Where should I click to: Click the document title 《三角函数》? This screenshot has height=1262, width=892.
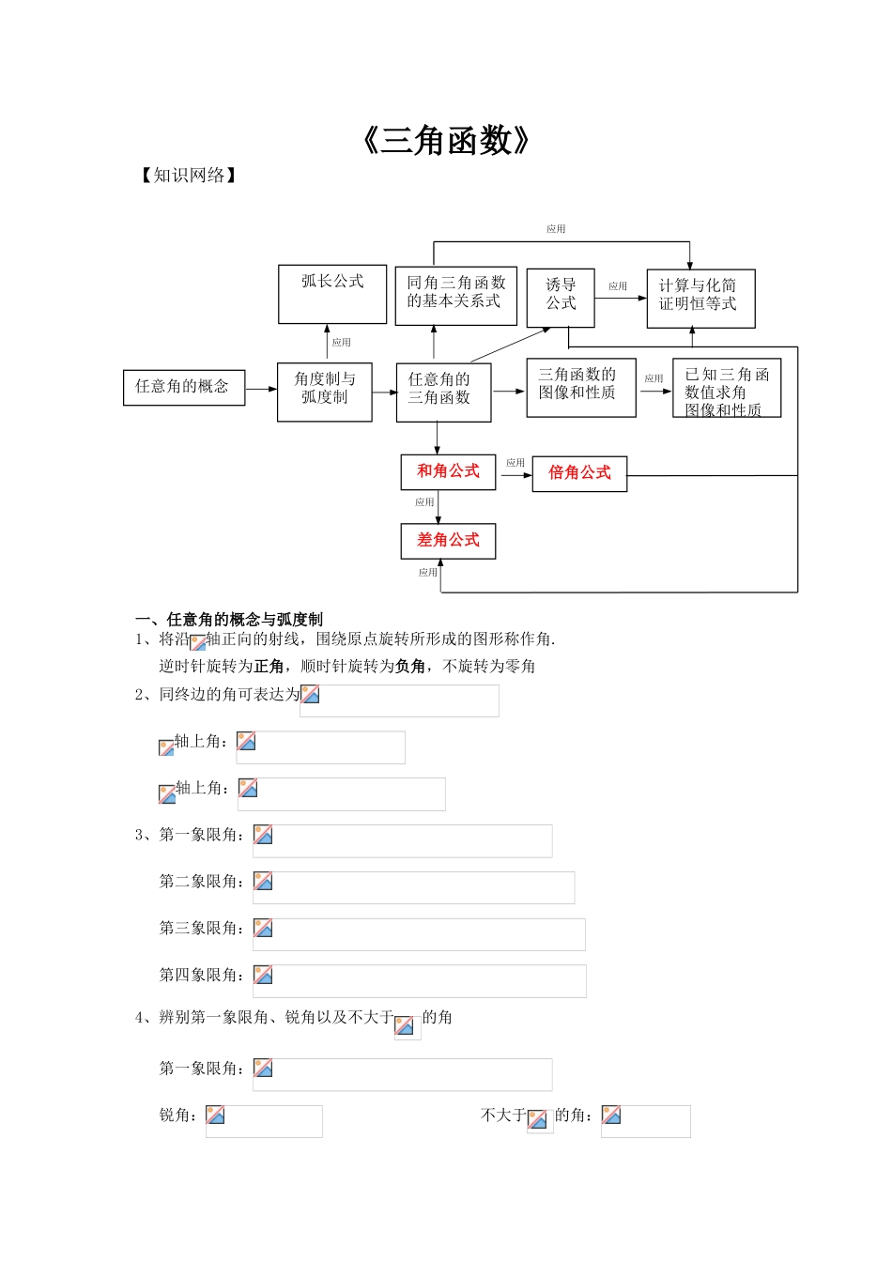tap(446, 141)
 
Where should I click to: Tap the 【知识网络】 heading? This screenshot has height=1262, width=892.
tap(189, 176)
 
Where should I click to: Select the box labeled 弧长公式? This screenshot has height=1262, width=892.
tap(332, 293)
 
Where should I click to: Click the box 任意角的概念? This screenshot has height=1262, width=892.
tap(184, 387)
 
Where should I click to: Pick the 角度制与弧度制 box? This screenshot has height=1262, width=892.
tap(325, 392)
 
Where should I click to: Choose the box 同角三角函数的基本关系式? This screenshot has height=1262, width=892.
tap(456, 296)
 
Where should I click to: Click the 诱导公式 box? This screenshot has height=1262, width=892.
tap(561, 298)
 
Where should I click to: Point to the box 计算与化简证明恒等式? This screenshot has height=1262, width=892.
tap(700, 299)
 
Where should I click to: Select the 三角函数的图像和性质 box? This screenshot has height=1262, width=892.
tap(581, 387)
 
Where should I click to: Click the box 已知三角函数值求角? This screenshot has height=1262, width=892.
tap(727, 388)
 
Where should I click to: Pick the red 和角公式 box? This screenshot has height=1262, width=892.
tap(448, 471)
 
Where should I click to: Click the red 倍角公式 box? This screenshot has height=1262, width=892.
tap(579, 473)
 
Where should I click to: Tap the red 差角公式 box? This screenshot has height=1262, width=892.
tap(448, 541)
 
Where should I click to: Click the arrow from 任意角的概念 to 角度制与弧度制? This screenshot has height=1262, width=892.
tap(261, 389)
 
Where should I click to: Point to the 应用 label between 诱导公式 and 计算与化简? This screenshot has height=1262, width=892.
tap(618, 286)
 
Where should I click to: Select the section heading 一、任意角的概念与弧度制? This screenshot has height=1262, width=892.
tap(229, 620)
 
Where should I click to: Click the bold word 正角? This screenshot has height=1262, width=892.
tap(269, 667)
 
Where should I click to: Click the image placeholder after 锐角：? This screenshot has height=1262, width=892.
tap(264, 1121)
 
